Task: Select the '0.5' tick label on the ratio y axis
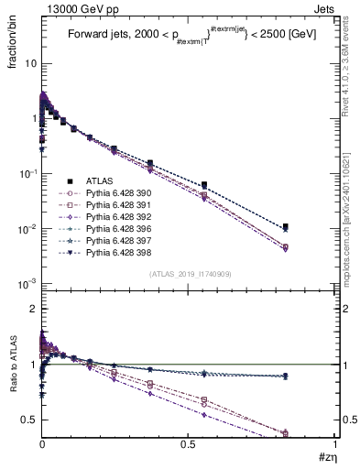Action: (x=28, y=420)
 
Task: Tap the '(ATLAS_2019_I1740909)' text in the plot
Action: (x=189, y=274)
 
